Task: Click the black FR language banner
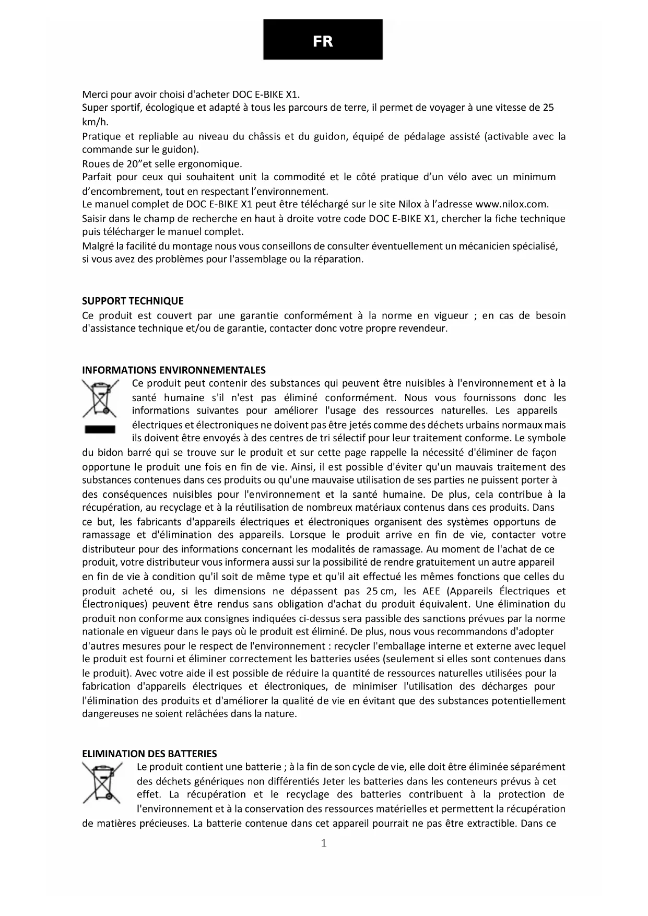pyautogui.click(x=323, y=40)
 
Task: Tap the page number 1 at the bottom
pyautogui.click(x=324, y=843)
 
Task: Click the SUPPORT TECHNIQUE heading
pyautogui.click(x=133, y=301)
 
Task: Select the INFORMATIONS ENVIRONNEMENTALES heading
pyautogui.click(x=174, y=370)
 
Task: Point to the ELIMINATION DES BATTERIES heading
pyautogui.click(x=149, y=754)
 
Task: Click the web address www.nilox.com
pyautogui.click(x=512, y=204)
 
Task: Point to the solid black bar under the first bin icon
pyautogui.click(x=99, y=429)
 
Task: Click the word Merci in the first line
pyautogui.click(x=95, y=95)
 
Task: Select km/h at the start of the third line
pyautogui.click(x=95, y=122)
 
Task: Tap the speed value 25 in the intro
pyautogui.click(x=548, y=108)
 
